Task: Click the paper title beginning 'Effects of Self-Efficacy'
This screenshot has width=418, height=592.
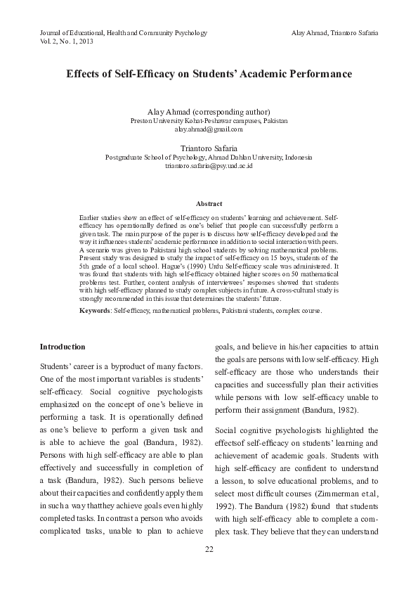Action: click(209, 73)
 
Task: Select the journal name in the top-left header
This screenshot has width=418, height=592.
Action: click(123, 33)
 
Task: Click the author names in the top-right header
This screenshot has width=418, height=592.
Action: click(334, 33)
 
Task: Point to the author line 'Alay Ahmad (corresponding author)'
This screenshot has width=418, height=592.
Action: click(209, 112)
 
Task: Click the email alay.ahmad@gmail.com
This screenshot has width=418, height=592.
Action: click(209, 129)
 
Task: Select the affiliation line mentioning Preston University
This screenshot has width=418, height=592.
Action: click(209, 121)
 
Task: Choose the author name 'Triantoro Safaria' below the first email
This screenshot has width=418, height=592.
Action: click(209, 148)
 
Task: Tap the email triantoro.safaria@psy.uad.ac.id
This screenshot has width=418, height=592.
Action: click(209, 166)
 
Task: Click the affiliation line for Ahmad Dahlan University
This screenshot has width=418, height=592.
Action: click(209, 157)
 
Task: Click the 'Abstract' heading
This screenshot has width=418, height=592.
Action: click(209, 203)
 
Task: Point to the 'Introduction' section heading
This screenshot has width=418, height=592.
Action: click(63, 347)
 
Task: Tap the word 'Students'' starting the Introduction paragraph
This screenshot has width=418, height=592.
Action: click(56, 368)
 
